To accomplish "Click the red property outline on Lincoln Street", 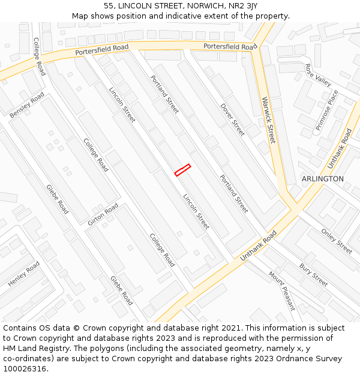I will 182,170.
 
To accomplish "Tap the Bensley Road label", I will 27,105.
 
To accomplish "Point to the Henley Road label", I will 24,274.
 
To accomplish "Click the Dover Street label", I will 232,119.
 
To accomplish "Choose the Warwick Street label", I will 268,120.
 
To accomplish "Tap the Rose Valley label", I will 318,74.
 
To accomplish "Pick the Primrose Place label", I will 327,110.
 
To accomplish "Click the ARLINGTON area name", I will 323,179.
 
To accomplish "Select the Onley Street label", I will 337,241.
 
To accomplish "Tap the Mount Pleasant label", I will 281,291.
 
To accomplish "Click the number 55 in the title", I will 109,5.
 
